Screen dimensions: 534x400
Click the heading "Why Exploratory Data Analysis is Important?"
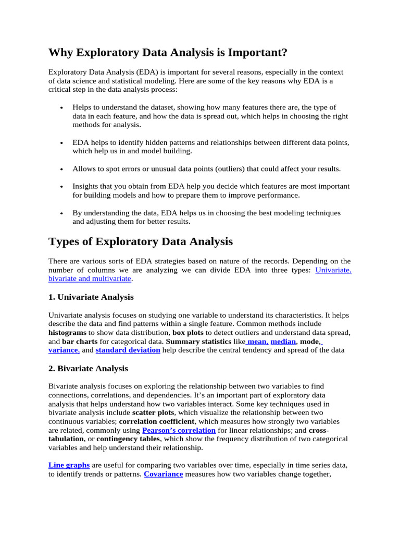click(168, 53)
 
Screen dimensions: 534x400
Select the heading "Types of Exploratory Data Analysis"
click(141, 241)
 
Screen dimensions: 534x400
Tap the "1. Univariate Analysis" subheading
click(91, 297)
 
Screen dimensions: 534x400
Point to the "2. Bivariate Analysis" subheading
click(88, 368)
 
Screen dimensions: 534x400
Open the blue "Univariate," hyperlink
click(333, 270)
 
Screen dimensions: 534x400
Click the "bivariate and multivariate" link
click(90, 279)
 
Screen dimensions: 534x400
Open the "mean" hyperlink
click(257, 341)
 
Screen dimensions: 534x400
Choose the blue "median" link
click(283, 341)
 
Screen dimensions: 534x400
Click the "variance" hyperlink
click(64, 350)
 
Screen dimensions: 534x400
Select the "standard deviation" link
click(128, 350)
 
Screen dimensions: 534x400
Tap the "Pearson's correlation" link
click(179, 430)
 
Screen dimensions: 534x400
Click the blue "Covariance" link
click(163, 474)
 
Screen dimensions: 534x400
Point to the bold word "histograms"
click(67, 332)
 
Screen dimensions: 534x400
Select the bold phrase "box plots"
click(188, 332)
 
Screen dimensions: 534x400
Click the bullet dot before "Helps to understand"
click(62, 107)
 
